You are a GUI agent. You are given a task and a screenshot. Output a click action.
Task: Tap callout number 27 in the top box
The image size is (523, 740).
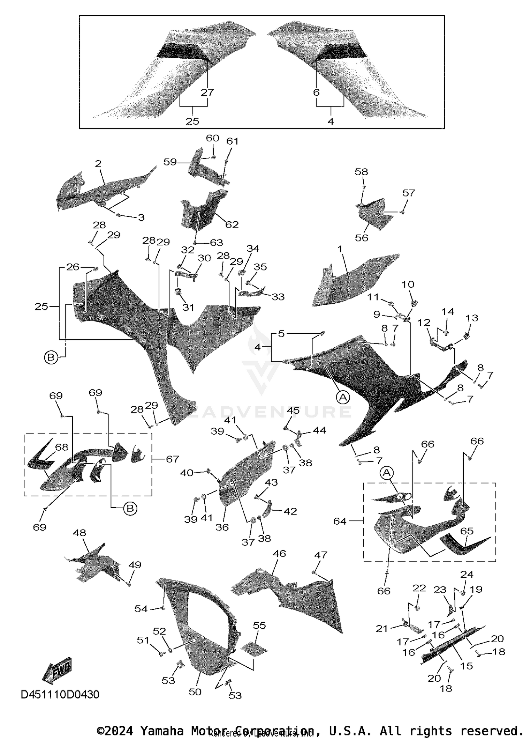tap(207, 92)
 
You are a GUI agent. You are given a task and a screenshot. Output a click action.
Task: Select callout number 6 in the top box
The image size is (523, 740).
tap(316, 92)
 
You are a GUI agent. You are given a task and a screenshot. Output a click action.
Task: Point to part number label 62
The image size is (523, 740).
tap(232, 224)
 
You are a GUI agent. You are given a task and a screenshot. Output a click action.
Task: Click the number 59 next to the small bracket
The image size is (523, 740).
tap(170, 162)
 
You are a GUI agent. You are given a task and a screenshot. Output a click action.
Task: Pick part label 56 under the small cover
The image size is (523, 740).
tap(362, 238)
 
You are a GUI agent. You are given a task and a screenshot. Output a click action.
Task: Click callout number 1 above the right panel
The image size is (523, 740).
tap(340, 249)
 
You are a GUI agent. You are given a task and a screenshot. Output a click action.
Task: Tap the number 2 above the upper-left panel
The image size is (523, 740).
tap(98, 164)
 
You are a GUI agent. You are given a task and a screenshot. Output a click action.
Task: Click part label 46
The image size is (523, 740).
tap(279, 554)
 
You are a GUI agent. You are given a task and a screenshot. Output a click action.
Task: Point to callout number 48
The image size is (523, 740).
tap(79, 533)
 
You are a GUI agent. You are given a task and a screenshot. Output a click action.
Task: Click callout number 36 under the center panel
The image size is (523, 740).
tap(222, 527)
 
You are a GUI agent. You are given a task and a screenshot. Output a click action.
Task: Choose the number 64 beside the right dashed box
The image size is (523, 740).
tap(340, 521)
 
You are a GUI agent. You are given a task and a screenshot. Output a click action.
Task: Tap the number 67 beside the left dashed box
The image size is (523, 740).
tap(172, 459)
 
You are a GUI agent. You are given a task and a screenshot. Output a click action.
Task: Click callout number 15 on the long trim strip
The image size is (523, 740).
tap(466, 666)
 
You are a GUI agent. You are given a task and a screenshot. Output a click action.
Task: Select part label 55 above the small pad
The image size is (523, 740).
tap(259, 626)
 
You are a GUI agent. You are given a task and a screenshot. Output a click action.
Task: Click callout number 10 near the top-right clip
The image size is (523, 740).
tap(408, 284)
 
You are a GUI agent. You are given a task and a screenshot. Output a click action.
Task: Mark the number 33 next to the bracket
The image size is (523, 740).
tap(278, 297)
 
